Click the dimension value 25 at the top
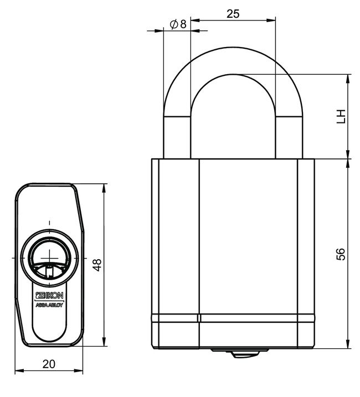point(233,14)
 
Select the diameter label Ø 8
point(177,24)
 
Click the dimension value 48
point(97,265)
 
